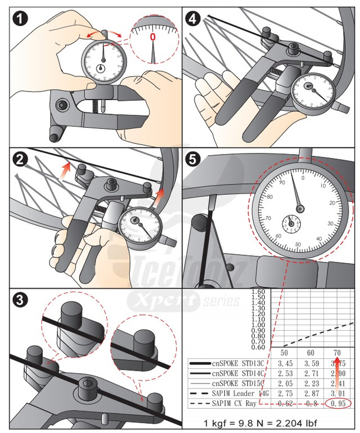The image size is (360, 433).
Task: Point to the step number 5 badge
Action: tap(193, 160)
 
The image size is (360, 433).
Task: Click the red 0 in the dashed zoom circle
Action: tap(152, 38)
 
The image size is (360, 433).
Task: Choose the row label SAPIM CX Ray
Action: tap(236, 403)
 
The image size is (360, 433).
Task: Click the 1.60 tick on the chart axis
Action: tap(258, 291)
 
